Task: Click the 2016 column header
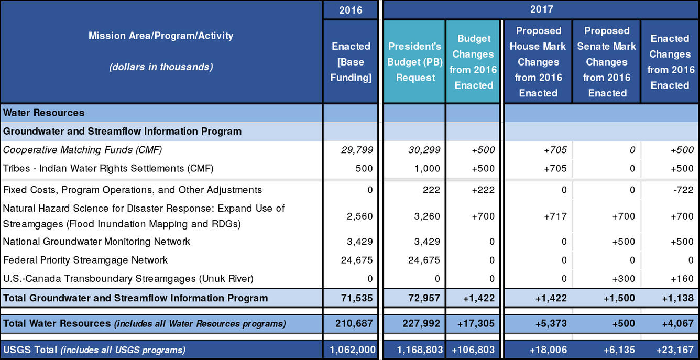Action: pyautogui.click(x=351, y=10)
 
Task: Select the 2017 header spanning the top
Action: pyautogui.click(x=541, y=9)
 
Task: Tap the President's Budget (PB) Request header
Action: pyautogui.click(x=415, y=62)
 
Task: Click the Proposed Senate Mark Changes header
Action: pyautogui.click(x=607, y=62)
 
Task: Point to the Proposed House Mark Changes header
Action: pyautogui.click(x=538, y=62)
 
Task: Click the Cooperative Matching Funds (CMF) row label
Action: pyautogui.click(x=83, y=150)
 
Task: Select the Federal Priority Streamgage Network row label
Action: pyautogui.click(x=85, y=260)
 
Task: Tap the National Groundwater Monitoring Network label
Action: pyautogui.click(x=96, y=242)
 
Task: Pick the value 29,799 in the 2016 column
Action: pyautogui.click(x=356, y=150)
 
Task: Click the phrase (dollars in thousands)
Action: pyautogui.click(x=161, y=67)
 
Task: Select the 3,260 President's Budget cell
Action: pyautogui.click(x=427, y=216)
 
